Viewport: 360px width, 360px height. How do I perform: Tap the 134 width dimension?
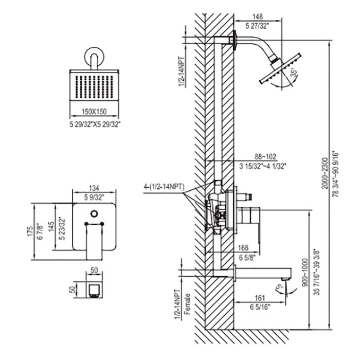tap(94, 187)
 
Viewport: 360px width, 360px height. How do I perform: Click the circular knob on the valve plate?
tap(94, 213)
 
